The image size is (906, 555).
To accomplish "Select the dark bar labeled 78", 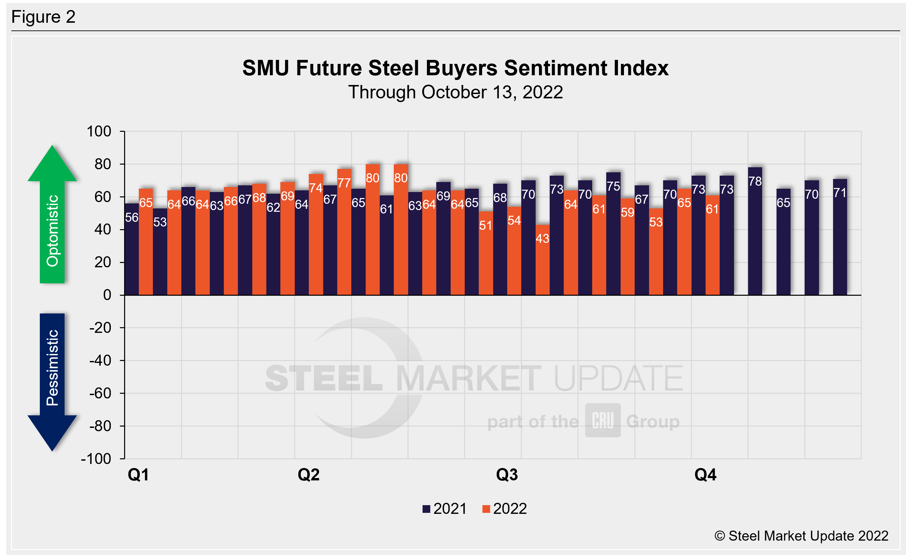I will tap(755, 232).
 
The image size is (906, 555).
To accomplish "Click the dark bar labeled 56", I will tap(131, 250).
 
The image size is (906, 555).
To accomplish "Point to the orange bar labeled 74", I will tap(316, 235).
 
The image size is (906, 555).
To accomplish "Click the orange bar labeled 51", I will tap(486, 254).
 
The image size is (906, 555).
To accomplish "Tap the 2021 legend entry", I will tap(445, 509).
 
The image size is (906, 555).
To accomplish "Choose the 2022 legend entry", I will tap(505, 509).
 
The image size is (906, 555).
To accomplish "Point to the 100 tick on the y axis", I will tap(99, 131).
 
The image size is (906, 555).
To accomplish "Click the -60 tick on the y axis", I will tap(100, 393).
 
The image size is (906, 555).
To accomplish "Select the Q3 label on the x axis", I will tap(507, 474).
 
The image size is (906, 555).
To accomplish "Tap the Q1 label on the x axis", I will tap(138, 474).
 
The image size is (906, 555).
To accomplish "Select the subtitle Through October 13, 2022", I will tap(455, 92).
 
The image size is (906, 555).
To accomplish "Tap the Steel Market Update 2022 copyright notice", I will tap(802, 536).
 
